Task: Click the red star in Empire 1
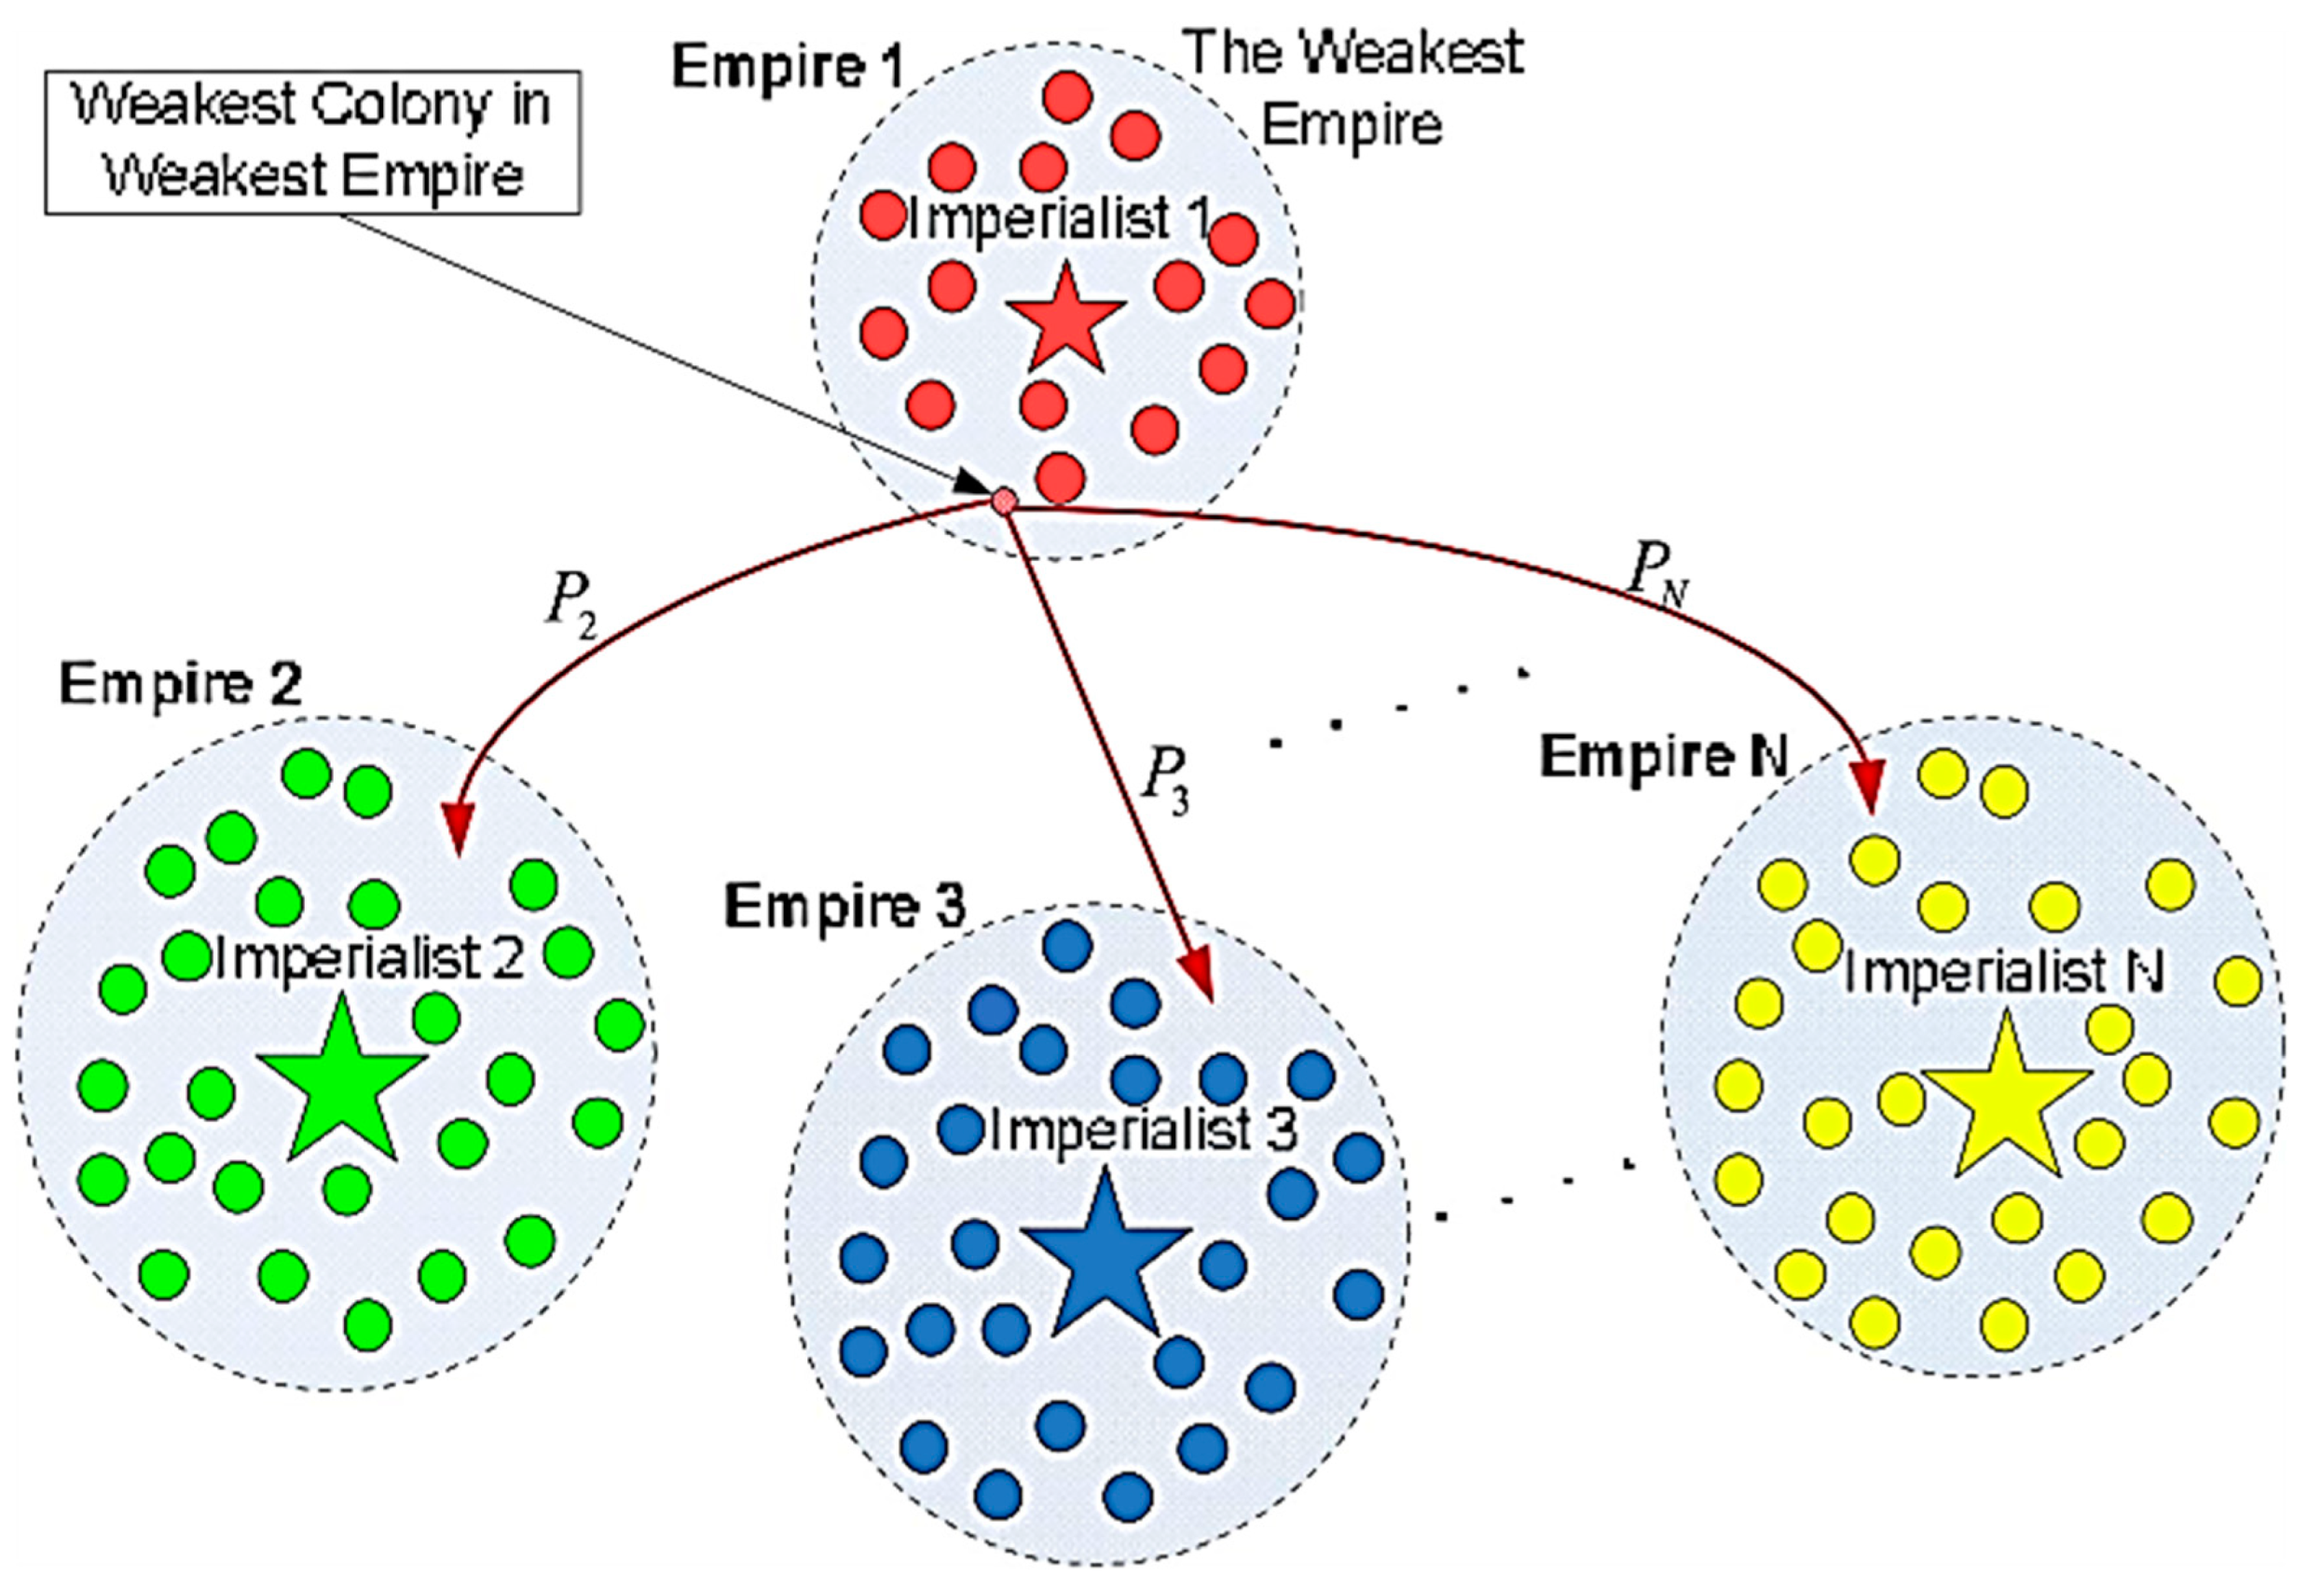click(1064, 322)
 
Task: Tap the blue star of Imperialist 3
click(1105, 1256)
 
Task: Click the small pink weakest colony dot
click(1005, 500)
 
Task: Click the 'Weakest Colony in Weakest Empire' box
click(312, 142)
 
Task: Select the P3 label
click(1164, 778)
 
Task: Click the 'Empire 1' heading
click(788, 68)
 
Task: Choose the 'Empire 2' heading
click(180, 684)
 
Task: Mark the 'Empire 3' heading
click(845, 906)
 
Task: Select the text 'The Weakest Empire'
click(1354, 88)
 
